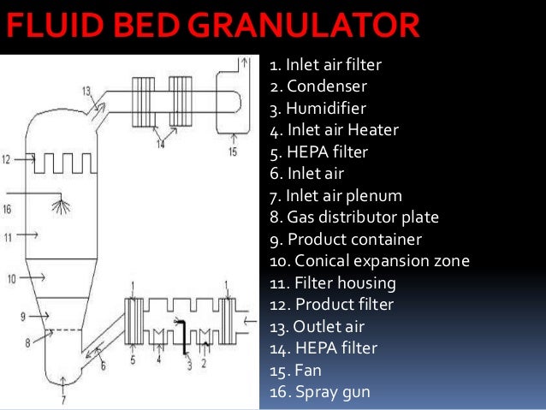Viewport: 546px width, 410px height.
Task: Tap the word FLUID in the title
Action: pyautogui.click(x=46, y=27)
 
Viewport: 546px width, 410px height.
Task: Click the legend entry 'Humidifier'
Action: pyautogui.click(x=318, y=109)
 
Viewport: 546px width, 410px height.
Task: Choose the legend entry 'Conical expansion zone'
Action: pyautogui.click(x=370, y=261)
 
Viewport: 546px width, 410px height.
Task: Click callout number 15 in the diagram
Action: pyautogui.click(x=232, y=152)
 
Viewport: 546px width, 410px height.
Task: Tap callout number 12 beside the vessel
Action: pyautogui.click(x=7, y=159)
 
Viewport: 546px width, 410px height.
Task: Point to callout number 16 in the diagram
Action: pyautogui.click(x=7, y=207)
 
